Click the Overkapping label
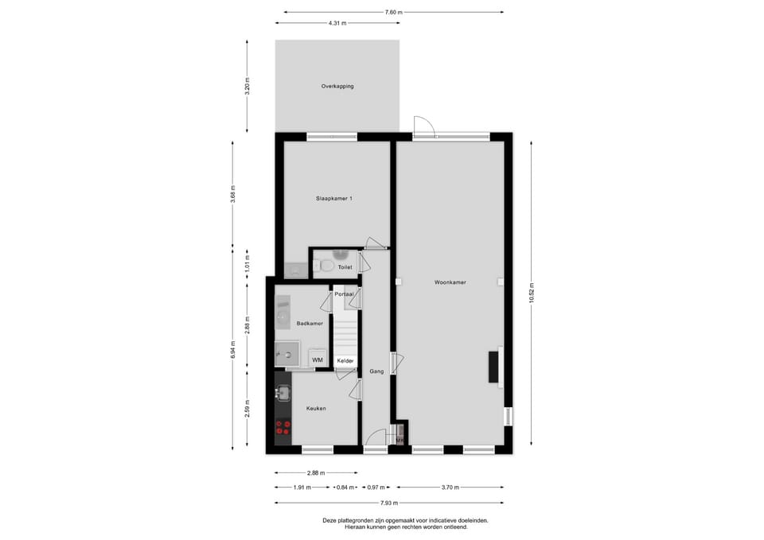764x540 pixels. tap(337, 86)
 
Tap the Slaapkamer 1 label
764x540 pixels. tap(334, 198)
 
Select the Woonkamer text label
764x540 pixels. tap(450, 282)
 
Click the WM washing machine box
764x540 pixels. tap(318, 359)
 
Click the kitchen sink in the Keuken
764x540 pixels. tap(283, 392)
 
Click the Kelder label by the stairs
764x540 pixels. tap(345, 361)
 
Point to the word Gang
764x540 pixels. tap(376, 371)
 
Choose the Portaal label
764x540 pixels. tap(344, 294)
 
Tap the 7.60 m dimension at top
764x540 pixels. tap(393, 12)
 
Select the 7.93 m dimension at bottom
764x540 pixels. tap(388, 503)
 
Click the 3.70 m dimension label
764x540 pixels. tap(450, 487)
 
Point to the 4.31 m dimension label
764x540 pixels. tap(337, 23)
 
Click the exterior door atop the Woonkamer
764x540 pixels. tap(423, 126)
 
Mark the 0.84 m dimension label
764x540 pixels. tap(345, 487)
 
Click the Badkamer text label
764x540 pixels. tap(309, 324)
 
